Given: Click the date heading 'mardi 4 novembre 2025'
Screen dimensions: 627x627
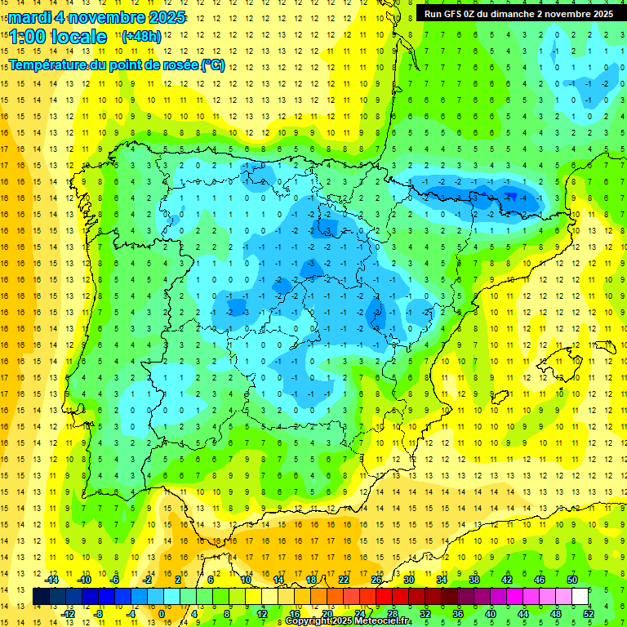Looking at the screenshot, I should tap(97, 17).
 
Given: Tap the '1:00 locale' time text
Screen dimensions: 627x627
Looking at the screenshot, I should tap(57, 36).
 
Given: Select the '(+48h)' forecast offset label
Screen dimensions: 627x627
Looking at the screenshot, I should tap(141, 36).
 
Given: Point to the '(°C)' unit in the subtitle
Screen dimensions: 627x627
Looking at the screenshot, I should tap(212, 64).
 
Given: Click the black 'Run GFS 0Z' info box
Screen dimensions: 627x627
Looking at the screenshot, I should tap(518, 13).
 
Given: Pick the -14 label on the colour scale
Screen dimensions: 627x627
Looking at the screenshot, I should tap(51, 580).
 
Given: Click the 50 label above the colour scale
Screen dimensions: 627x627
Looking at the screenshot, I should tap(572, 580).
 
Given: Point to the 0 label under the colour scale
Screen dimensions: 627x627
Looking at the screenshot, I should tap(162, 613).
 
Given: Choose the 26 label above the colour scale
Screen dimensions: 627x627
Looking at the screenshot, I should tap(376, 580).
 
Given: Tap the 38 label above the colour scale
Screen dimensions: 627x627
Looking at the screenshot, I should tap(474, 580).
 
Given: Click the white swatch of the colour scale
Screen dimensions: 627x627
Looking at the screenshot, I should tap(580, 596).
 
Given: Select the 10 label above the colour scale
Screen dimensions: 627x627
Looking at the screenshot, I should tap(246, 580).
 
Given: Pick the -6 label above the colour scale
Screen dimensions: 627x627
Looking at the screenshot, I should tap(116, 580).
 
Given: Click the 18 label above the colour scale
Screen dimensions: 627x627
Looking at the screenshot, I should tap(311, 580).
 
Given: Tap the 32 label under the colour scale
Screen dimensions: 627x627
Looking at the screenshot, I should tap(425, 613).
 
